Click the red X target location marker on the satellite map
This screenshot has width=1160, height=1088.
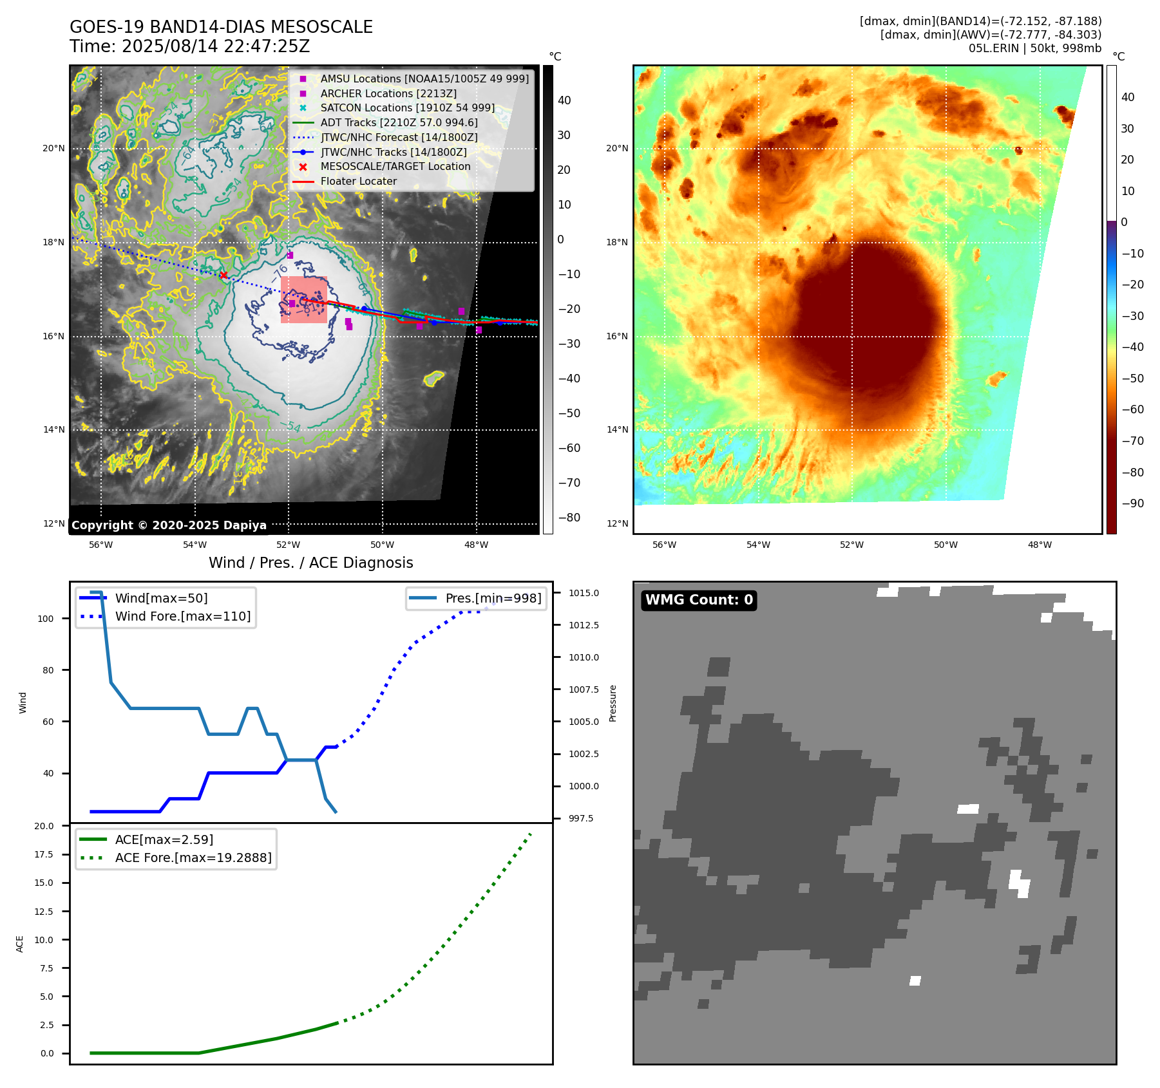click(223, 276)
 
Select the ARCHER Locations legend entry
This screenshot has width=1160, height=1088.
click(388, 93)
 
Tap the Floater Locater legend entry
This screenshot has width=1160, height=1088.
click(358, 182)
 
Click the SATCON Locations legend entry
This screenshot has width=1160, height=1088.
click(407, 108)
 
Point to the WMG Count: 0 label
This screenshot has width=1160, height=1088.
click(699, 600)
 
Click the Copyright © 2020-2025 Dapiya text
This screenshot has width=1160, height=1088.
click(169, 525)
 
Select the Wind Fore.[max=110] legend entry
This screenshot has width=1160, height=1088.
click(183, 616)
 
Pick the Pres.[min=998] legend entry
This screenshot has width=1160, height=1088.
click(493, 598)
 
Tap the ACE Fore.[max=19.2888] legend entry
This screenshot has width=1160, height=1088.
click(193, 858)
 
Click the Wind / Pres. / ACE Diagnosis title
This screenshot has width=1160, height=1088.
click(311, 563)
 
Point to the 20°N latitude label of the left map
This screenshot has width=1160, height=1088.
click(53, 149)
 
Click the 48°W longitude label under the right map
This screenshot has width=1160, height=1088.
click(1039, 545)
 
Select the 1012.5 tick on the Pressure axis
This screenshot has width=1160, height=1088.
click(584, 625)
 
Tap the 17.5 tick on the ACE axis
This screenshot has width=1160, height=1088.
click(44, 854)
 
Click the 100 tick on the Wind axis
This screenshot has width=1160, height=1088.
click(46, 619)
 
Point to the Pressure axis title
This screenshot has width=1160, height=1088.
click(613, 703)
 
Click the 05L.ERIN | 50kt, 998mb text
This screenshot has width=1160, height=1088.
click(1034, 48)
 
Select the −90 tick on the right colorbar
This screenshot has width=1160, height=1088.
click(1132, 503)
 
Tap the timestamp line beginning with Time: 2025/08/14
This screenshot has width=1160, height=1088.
click(190, 46)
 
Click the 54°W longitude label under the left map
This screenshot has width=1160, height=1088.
click(195, 545)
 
